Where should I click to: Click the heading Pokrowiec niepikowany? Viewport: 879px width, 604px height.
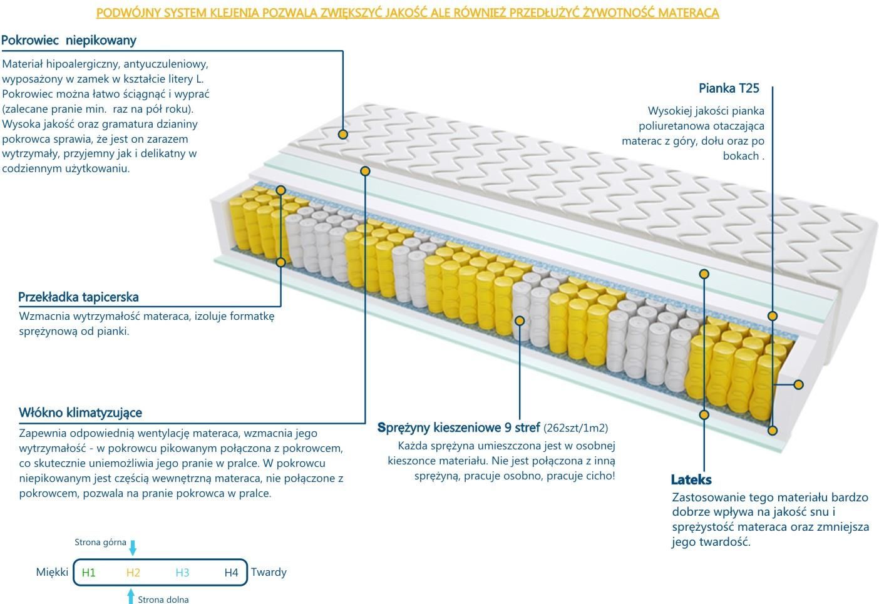[x=69, y=41]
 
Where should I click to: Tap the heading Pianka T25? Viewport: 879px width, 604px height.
[x=729, y=88]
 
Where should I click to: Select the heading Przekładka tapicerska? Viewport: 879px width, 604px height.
[x=78, y=297]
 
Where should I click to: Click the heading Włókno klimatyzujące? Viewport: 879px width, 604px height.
[x=80, y=412]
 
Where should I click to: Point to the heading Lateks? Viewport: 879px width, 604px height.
[x=691, y=479]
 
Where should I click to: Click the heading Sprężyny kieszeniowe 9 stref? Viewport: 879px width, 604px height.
[x=458, y=427]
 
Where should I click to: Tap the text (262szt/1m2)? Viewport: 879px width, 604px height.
[x=575, y=428]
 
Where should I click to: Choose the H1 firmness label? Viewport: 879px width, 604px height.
[x=89, y=573]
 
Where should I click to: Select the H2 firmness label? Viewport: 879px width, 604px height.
[x=133, y=573]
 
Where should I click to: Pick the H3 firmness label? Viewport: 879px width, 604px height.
[x=182, y=573]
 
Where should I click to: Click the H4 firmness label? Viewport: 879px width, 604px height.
[x=231, y=573]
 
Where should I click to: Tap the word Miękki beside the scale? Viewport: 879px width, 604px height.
[x=52, y=572]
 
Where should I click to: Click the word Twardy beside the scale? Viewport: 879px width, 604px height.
[x=269, y=572]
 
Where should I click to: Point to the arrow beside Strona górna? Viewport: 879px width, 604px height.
[x=133, y=548]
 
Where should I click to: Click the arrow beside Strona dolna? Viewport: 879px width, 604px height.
[x=131, y=596]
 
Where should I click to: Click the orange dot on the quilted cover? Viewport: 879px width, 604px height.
[x=342, y=135]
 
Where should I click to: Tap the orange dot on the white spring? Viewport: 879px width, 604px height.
[x=520, y=321]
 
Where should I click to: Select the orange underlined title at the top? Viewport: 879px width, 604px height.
[x=408, y=13]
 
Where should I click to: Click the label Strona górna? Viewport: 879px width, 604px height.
[x=100, y=543]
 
